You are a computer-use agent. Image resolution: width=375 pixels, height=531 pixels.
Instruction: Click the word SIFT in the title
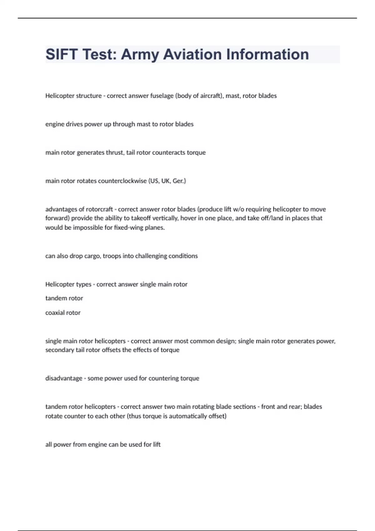[x=62, y=54]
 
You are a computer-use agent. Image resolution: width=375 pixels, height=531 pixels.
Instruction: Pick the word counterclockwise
[x=122, y=181]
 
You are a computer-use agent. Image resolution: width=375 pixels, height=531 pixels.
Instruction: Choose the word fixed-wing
[x=128, y=227]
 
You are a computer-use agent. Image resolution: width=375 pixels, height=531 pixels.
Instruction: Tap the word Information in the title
[x=267, y=54]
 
